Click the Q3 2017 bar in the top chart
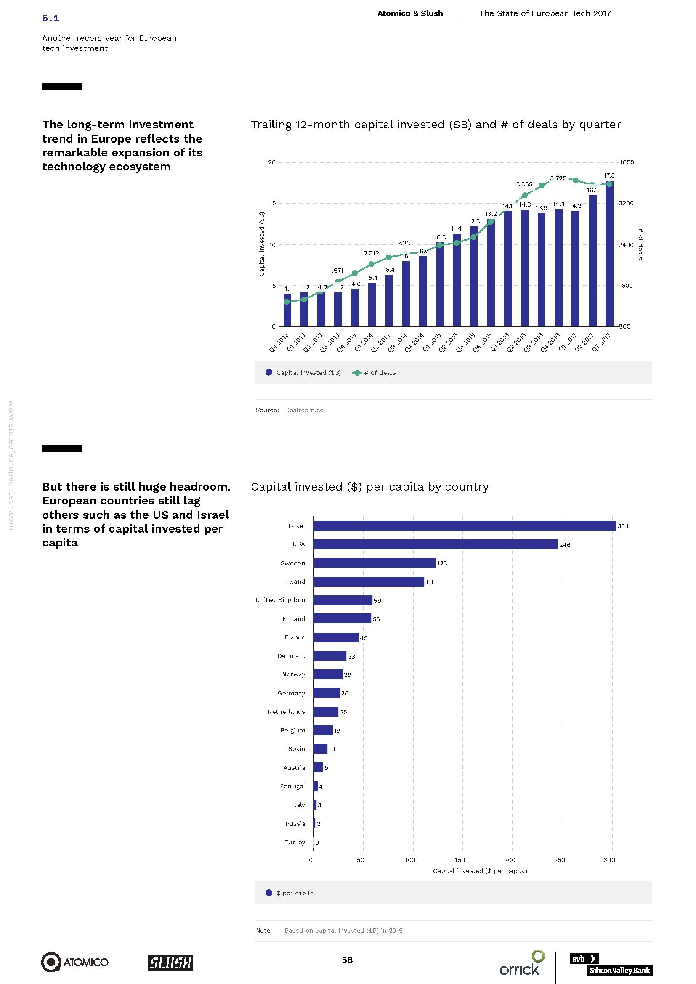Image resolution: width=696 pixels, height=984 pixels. coord(609,254)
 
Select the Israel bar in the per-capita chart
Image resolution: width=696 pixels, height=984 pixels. coord(464,526)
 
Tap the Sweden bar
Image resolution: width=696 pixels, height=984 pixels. coord(374,563)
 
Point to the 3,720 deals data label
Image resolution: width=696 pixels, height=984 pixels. coord(558,178)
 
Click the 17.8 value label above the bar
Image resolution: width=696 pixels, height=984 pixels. coord(609,175)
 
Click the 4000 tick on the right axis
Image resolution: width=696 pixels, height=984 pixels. coord(626,162)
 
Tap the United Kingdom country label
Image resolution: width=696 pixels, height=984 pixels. coord(280,600)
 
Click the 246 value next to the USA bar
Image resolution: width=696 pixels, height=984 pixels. coord(565,545)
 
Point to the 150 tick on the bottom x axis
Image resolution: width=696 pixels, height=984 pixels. coord(460,860)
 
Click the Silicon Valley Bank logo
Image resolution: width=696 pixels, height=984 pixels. coord(611,964)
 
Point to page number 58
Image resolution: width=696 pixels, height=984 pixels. coord(347,960)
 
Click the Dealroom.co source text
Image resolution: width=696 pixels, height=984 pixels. coord(304,410)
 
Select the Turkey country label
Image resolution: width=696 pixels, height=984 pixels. coord(295,842)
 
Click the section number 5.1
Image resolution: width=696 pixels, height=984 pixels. coord(50,18)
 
